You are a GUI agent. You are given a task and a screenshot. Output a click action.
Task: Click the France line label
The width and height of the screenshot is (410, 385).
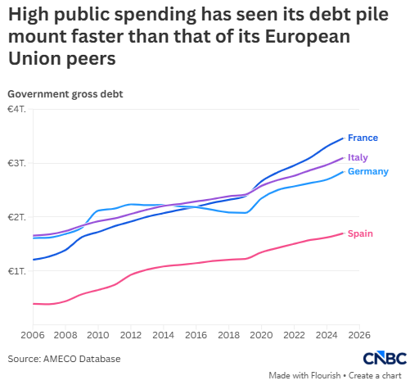[x=363, y=138]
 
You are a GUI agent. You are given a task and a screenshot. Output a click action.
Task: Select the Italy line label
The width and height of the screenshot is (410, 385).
[x=358, y=157]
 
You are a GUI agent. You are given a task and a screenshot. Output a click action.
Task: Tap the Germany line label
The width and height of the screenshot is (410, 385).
[x=368, y=171]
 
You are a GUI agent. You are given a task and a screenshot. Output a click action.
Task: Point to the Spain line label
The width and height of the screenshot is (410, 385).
[x=360, y=233]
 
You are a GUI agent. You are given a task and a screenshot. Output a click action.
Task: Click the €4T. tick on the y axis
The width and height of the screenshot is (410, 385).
[x=17, y=109]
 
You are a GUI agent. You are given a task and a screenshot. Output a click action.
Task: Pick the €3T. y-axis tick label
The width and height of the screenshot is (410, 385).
[x=17, y=163]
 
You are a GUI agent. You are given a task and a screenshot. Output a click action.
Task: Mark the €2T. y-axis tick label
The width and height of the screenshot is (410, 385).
[x=17, y=217]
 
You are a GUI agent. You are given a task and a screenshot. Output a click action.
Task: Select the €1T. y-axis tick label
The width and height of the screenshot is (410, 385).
[x=17, y=271]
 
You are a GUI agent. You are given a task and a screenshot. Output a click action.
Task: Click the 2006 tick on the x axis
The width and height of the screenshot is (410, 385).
[x=33, y=335]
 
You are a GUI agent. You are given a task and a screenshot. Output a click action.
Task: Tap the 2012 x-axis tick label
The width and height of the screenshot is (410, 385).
[x=131, y=335]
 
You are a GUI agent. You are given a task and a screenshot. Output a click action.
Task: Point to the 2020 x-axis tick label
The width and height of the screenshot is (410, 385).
[x=261, y=335]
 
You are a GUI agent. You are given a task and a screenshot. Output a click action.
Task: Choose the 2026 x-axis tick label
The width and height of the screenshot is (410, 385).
[x=359, y=335]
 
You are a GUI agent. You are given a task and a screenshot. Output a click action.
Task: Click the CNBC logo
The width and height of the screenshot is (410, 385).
[x=385, y=358]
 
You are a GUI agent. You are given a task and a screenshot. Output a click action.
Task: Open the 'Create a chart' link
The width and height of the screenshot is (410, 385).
[x=375, y=376]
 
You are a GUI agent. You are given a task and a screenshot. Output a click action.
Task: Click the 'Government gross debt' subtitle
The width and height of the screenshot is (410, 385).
[x=65, y=94]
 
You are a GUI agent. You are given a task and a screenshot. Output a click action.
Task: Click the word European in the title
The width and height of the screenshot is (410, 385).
[x=308, y=37]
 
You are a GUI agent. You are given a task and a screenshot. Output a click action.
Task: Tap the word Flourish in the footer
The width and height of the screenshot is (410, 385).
[x=326, y=376]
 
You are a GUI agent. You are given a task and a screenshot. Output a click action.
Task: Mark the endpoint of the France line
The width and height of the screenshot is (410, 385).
[x=343, y=138]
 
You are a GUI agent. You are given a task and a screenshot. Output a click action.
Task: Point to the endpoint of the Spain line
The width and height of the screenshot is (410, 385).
[x=343, y=233]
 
